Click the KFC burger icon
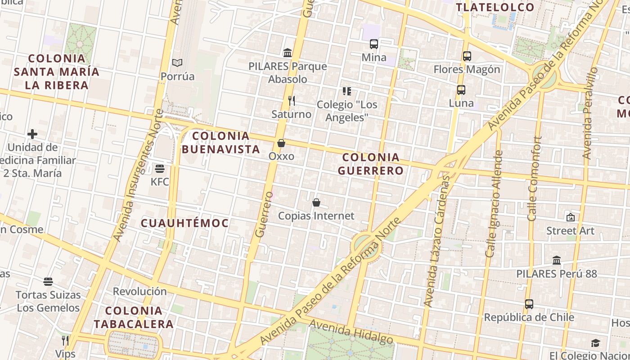(x=160, y=169)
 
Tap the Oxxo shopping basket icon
(x=281, y=143)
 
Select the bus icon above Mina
(x=374, y=44)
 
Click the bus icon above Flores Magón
(x=467, y=56)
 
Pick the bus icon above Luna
(x=461, y=90)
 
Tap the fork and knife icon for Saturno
(x=292, y=101)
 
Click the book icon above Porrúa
(x=178, y=63)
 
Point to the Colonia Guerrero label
(x=370, y=164)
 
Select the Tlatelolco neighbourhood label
(x=495, y=7)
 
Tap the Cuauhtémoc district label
(x=185, y=223)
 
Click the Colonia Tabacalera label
(x=134, y=317)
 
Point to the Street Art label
(x=570, y=231)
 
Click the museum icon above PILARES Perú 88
(x=557, y=261)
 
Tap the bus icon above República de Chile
(x=529, y=304)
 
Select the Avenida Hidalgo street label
(x=351, y=332)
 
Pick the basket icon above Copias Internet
(x=316, y=203)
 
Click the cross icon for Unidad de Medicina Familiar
(x=32, y=134)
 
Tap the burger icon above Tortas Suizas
(x=48, y=282)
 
